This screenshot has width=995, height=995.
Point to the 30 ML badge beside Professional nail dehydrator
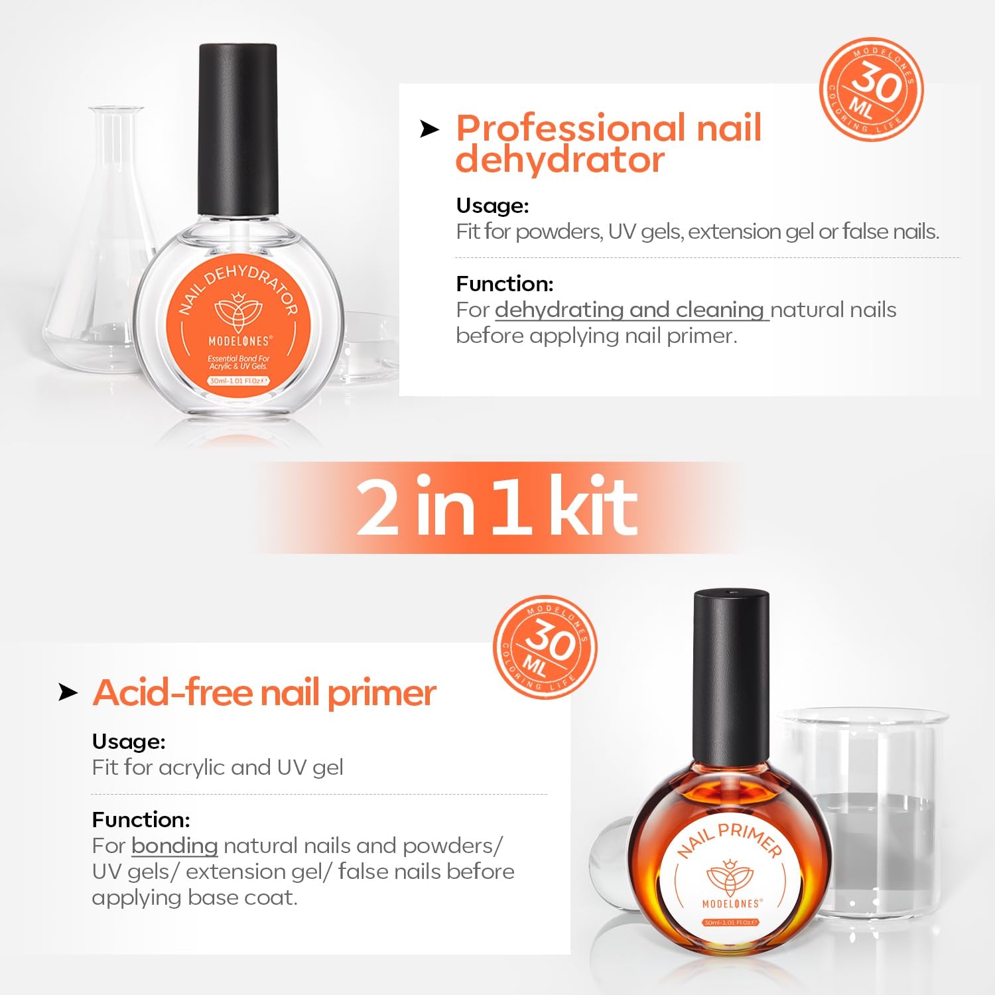(x=872, y=90)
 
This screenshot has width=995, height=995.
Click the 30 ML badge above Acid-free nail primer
(x=545, y=647)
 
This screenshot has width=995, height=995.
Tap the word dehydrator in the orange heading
(x=560, y=160)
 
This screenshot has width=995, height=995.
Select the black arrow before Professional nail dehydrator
(x=429, y=129)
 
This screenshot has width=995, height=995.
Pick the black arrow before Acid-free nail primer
(x=68, y=693)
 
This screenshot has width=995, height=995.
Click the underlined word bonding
(x=174, y=846)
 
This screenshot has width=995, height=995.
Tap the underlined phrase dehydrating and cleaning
(x=630, y=310)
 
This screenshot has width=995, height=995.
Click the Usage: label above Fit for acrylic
(x=129, y=741)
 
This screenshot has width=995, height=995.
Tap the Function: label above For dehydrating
(x=504, y=284)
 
